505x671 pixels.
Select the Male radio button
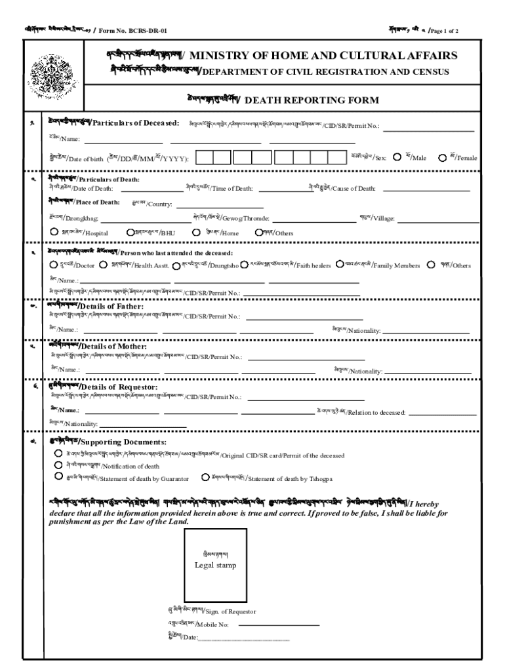click(x=397, y=157)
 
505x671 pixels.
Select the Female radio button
click(x=443, y=157)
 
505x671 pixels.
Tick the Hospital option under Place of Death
click(x=54, y=231)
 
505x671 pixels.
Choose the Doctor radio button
click(x=54, y=265)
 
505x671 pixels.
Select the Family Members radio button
click(x=340, y=265)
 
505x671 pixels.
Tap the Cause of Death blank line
click(x=426, y=190)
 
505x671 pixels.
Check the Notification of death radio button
click(x=58, y=465)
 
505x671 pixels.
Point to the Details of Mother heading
click(x=108, y=345)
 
